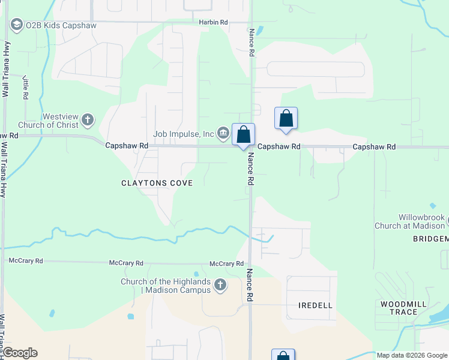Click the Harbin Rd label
coord(214,22)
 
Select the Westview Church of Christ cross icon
coord(88,119)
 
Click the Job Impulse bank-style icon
coord(223,133)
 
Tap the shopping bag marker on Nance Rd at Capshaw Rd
coord(244,134)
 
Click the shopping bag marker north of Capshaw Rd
coord(286,118)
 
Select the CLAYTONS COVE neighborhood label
coord(157,183)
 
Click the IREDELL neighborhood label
coord(315,305)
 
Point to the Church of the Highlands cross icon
coord(220,284)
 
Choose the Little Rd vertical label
coord(26,87)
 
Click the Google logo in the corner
coord(19,353)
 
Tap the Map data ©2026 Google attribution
coord(412,355)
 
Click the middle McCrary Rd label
coord(126,263)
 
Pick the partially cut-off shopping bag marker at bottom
coord(283,355)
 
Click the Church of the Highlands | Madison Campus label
coord(166,286)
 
